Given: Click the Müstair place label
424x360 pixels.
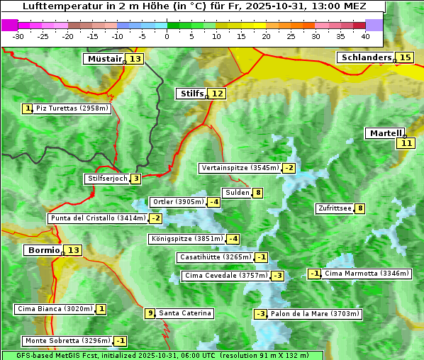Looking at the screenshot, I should (x=104, y=59).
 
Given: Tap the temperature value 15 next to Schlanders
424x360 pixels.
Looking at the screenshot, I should (x=405, y=57).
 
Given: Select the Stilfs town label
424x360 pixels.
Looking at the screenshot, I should (x=191, y=94).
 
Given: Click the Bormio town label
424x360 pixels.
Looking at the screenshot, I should (x=43, y=250).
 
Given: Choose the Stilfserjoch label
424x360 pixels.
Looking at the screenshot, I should (x=107, y=179).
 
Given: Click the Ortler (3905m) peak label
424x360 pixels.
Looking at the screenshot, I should (x=178, y=202).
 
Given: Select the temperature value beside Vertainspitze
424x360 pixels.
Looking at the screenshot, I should (x=289, y=168).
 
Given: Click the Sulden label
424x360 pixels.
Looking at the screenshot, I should (x=236, y=193).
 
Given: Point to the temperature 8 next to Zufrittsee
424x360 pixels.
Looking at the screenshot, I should (x=360, y=208).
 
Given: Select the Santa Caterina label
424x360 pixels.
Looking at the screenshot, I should (x=184, y=313).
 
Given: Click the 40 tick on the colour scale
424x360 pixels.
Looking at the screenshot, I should (x=365, y=36).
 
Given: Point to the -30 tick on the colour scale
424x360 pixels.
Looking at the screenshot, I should (x=18, y=36).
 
